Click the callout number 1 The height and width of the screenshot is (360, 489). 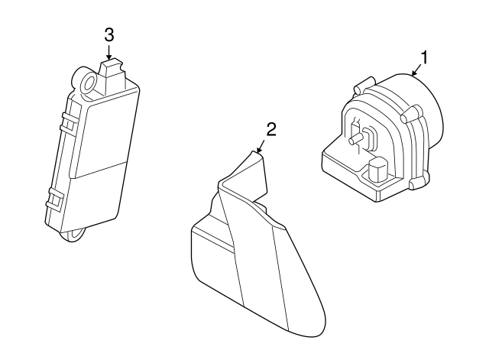pos(425,57)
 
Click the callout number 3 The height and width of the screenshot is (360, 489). pos(108,34)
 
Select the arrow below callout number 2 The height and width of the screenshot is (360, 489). pos(262,146)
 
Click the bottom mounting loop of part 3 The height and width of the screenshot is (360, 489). pos(74,234)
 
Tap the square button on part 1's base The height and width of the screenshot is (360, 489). pos(380,169)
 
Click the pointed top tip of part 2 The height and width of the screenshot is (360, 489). pos(256,155)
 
